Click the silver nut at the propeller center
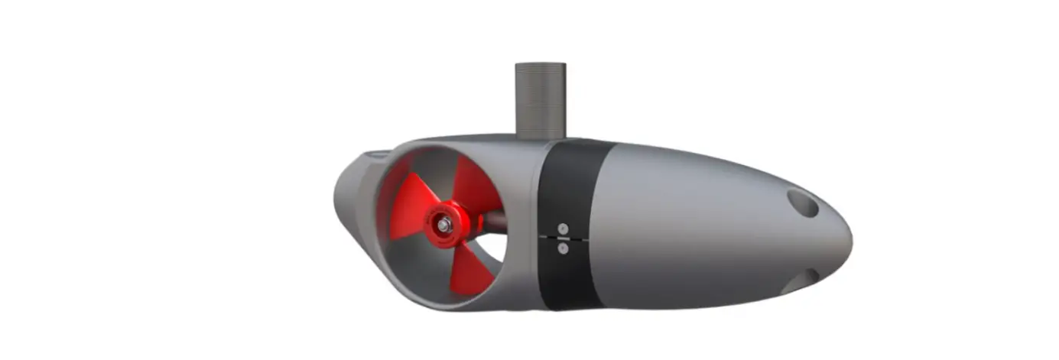pyautogui.click(x=443, y=223)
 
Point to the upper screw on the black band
pyautogui.click(x=563, y=229)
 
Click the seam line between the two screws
pyautogui.click(x=563, y=238)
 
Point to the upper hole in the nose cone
pyautogui.click(x=802, y=203)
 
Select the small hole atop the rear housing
pyautogui.click(x=377, y=156)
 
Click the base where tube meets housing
pyautogui.click(x=541, y=138)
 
